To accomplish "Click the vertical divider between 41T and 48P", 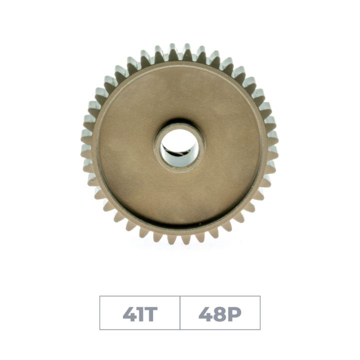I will (180, 313).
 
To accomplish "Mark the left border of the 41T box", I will (100, 313).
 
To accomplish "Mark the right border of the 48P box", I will (260, 313).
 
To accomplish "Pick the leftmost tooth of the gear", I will (85, 145).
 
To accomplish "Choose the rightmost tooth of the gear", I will (273, 145).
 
